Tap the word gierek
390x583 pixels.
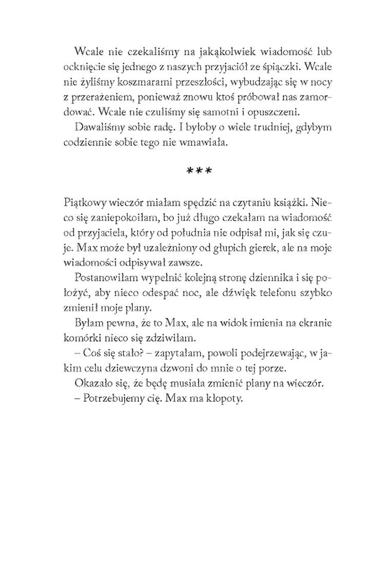[265, 247]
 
